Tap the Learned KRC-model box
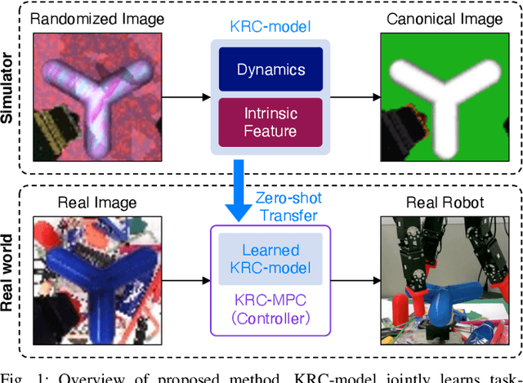click(x=270, y=259)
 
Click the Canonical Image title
click(x=446, y=20)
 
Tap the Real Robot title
click(x=446, y=202)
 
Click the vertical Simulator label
click(x=10, y=88)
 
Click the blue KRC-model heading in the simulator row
click(x=270, y=26)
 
